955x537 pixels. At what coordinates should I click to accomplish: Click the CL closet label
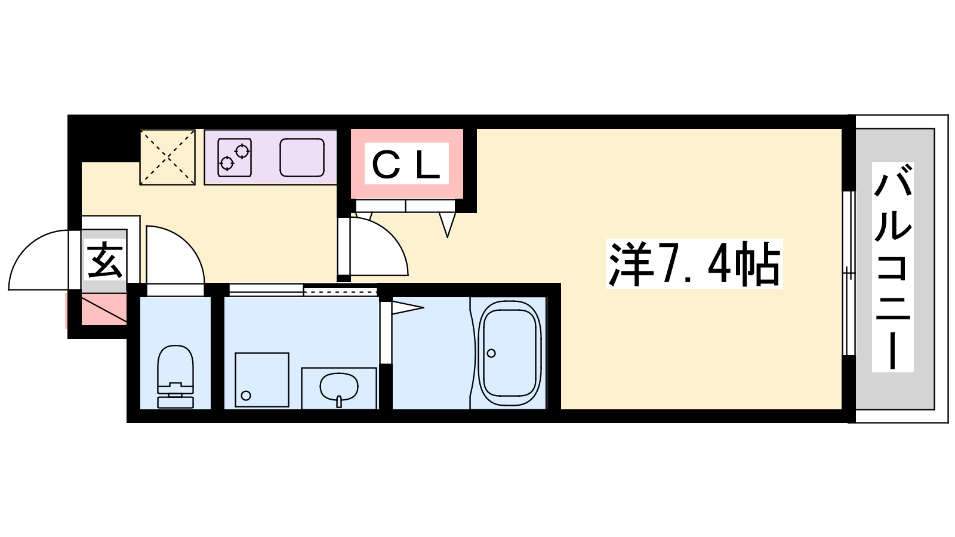click(x=406, y=163)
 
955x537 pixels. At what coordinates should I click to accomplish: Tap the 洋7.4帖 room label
click(x=694, y=264)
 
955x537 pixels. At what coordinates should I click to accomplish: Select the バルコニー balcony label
click(x=893, y=267)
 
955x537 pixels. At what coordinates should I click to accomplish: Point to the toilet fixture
click(x=175, y=376)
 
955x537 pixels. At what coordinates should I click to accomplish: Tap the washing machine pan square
click(x=261, y=380)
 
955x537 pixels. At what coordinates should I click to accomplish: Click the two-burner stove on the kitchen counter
click(x=234, y=157)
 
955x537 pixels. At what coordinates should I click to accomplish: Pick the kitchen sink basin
click(x=302, y=158)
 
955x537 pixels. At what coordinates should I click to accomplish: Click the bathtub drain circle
click(x=491, y=353)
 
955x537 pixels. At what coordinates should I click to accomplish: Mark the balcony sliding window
click(x=848, y=273)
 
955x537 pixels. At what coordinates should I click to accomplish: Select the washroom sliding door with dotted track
click(x=340, y=291)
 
